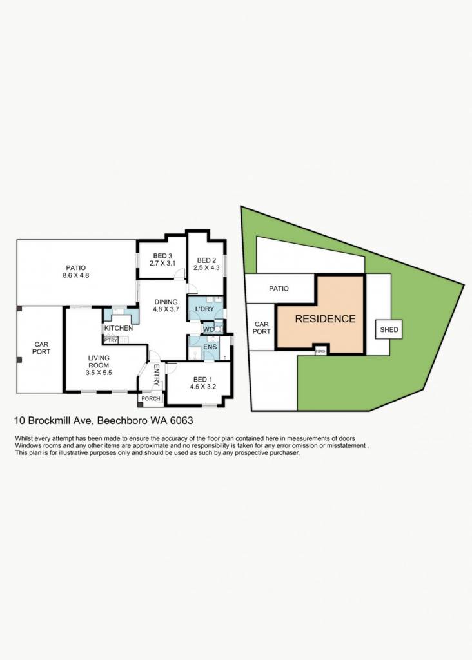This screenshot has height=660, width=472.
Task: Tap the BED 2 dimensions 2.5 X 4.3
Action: pyautogui.click(x=206, y=267)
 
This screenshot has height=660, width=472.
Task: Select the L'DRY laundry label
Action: pyautogui.click(x=204, y=309)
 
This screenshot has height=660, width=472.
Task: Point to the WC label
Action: pyautogui.click(x=208, y=329)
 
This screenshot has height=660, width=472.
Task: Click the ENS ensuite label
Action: pyautogui.click(x=210, y=347)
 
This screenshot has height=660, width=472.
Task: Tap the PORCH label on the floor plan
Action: pyautogui.click(x=151, y=398)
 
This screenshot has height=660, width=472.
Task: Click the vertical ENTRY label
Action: pyautogui.click(x=156, y=376)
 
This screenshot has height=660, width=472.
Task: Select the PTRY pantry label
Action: pyautogui.click(x=111, y=340)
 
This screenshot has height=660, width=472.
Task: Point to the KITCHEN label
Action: pyautogui.click(x=119, y=328)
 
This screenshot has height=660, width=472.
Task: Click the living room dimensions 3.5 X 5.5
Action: pyautogui.click(x=99, y=373)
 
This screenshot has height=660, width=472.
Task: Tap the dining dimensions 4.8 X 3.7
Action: pyautogui.click(x=166, y=309)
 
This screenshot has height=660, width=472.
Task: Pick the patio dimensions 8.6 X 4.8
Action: pyautogui.click(x=76, y=275)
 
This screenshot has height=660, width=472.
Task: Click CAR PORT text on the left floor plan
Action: pyautogui.click(x=41, y=347)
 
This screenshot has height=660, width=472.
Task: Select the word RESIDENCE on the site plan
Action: pyautogui.click(x=325, y=319)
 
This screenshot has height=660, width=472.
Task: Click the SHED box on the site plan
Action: pyautogui.click(x=389, y=329)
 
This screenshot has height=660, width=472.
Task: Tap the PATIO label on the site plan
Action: pyautogui.click(x=279, y=288)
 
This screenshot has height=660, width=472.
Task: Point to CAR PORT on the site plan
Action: pyautogui.click(x=262, y=327)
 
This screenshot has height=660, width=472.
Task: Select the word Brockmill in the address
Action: pyautogui.click(x=54, y=420)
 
